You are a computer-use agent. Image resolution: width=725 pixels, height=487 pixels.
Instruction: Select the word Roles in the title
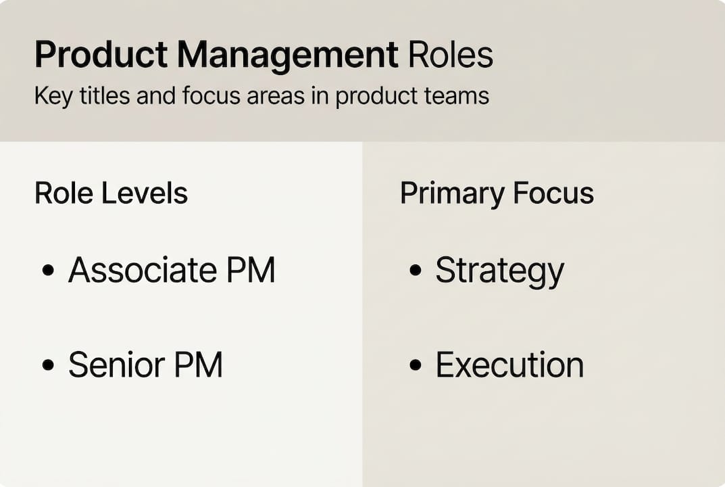pyautogui.click(x=451, y=55)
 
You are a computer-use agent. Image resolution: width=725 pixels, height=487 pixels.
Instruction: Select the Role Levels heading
pyautogui.click(x=111, y=194)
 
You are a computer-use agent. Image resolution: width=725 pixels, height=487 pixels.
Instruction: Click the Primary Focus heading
pyautogui.click(x=497, y=194)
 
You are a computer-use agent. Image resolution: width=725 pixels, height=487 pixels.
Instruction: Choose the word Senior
pyautogui.click(x=116, y=365)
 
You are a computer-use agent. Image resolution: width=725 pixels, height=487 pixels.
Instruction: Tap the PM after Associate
pyautogui.click(x=251, y=271)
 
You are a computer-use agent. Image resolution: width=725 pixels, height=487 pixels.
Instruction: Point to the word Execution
pyautogui.click(x=509, y=365)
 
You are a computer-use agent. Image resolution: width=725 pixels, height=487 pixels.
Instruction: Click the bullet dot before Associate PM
pyautogui.click(x=48, y=271)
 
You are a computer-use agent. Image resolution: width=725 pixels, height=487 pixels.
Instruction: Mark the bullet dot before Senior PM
pyautogui.click(x=48, y=365)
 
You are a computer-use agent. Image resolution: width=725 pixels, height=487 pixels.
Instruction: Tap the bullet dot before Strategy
pyautogui.click(x=415, y=271)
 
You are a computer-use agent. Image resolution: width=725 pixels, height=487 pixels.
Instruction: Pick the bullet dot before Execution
pyautogui.click(x=415, y=365)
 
